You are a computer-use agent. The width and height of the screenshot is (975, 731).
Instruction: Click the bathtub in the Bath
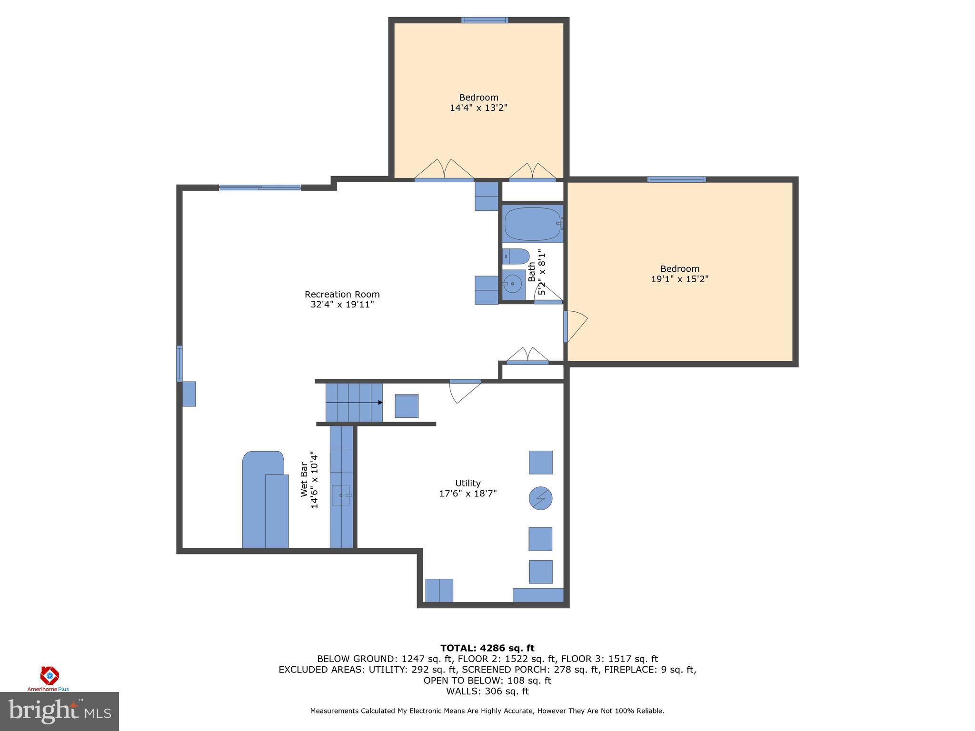tap(533, 224)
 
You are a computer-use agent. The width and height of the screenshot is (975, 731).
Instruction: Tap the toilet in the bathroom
tap(516, 257)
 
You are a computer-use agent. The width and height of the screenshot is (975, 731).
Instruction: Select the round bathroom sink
tap(513, 285)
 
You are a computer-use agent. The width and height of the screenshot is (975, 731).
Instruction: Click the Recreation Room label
tap(342, 294)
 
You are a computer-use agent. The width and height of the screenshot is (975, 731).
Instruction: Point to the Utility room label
tap(468, 483)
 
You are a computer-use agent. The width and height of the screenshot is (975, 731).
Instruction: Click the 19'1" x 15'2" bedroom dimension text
tap(680, 279)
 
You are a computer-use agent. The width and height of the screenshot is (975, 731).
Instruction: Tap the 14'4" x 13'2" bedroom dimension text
tap(479, 108)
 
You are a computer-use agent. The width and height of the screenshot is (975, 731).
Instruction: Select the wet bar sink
tap(341, 495)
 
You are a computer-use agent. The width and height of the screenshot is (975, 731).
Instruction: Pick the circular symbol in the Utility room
tap(541, 498)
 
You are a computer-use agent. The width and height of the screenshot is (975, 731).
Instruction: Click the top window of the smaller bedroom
tap(485, 20)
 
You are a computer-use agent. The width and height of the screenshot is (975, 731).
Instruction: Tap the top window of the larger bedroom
tap(676, 179)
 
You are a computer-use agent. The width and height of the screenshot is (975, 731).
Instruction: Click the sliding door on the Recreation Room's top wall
tap(260, 188)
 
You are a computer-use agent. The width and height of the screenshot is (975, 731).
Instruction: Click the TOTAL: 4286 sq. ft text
tap(487, 648)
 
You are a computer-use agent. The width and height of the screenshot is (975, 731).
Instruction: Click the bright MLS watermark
tap(60, 711)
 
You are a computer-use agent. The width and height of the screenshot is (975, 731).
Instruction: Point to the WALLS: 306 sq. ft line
tap(487, 691)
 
